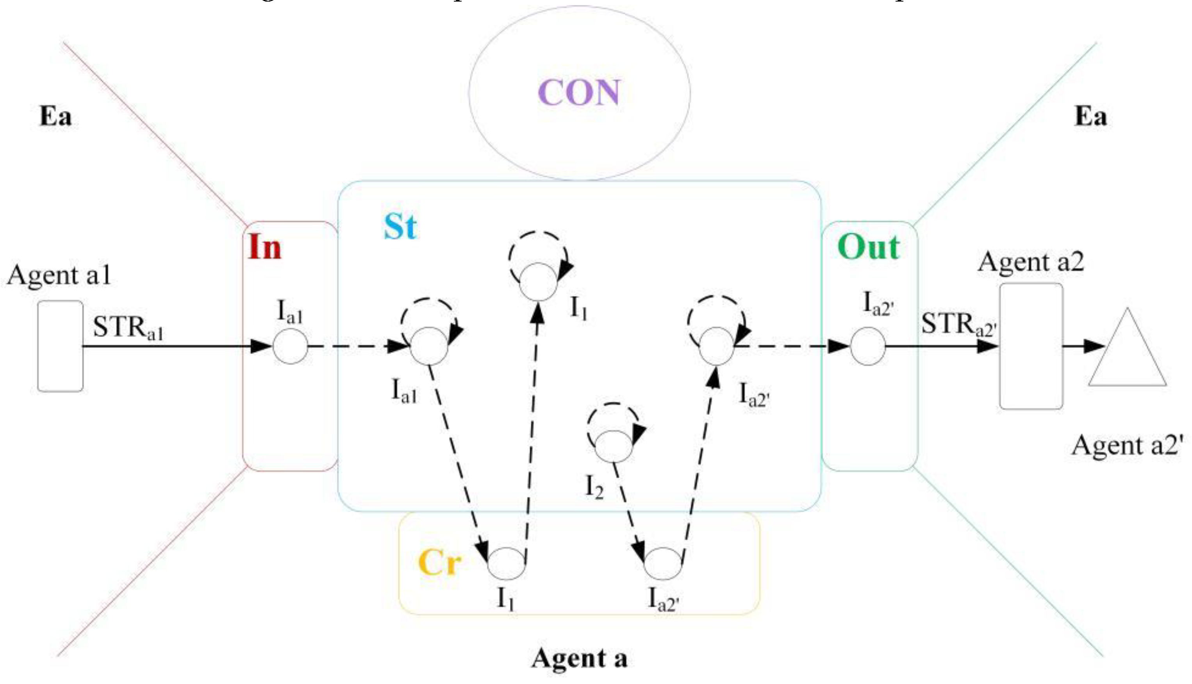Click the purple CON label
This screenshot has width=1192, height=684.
point(579,92)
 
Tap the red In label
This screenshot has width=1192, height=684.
point(264,247)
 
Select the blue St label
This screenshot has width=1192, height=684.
point(400,227)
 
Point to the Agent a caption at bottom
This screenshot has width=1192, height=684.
point(579,658)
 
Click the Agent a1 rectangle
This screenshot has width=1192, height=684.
point(60,346)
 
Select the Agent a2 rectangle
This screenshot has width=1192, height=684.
point(1031,346)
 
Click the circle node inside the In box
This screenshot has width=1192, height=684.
point(290,347)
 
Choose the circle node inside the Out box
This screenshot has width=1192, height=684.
point(868,347)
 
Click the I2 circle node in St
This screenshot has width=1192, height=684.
point(614,446)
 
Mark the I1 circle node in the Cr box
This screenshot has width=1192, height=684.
point(507,563)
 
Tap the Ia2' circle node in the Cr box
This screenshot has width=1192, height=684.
point(662,563)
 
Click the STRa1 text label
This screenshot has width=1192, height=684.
point(128,328)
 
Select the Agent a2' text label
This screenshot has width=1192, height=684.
point(1127,445)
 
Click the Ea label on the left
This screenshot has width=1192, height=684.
point(55,116)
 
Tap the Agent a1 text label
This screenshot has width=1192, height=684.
point(59,275)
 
